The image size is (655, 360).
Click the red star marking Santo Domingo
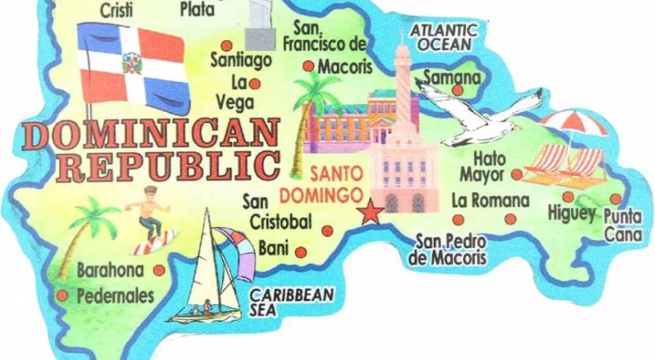pyautogui.click(x=369, y=210)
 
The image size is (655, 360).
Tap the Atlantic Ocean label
pyautogui.click(x=444, y=37)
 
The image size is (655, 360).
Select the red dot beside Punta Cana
pyautogui.click(x=615, y=199)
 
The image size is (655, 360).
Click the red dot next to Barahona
pyautogui.click(x=159, y=270)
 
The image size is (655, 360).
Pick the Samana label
pyautogui.click(x=452, y=78)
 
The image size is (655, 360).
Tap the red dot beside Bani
pyautogui.click(x=300, y=252)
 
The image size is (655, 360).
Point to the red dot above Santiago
pyautogui.click(x=228, y=45)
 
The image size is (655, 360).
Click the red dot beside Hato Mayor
pyautogui.click(x=516, y=174)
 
